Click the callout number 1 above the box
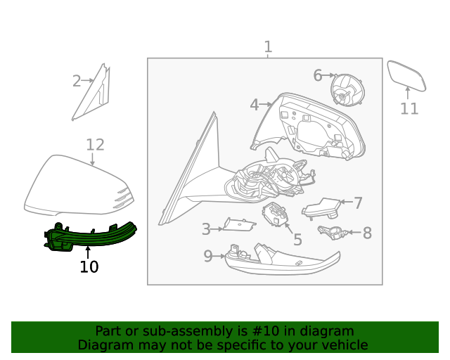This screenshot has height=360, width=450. [268, 47]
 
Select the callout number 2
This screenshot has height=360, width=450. [77, 82]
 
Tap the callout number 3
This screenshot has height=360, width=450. [206, 229]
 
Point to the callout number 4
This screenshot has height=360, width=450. [254, 105]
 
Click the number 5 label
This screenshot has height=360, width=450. [297, 240]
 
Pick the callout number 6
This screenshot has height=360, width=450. [318, 75]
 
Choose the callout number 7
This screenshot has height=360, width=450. [358, 203]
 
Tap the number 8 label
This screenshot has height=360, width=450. [367, 232]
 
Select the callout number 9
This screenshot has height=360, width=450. [208, 257]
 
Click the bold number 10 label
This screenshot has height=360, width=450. [89, 267]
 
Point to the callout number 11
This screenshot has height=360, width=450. [409, 109]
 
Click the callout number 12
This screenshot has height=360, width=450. [95, 145]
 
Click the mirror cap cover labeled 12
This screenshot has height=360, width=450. [76, 187]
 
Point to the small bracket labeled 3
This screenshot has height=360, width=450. [237, 224]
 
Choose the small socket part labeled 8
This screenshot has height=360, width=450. [330, 231]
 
